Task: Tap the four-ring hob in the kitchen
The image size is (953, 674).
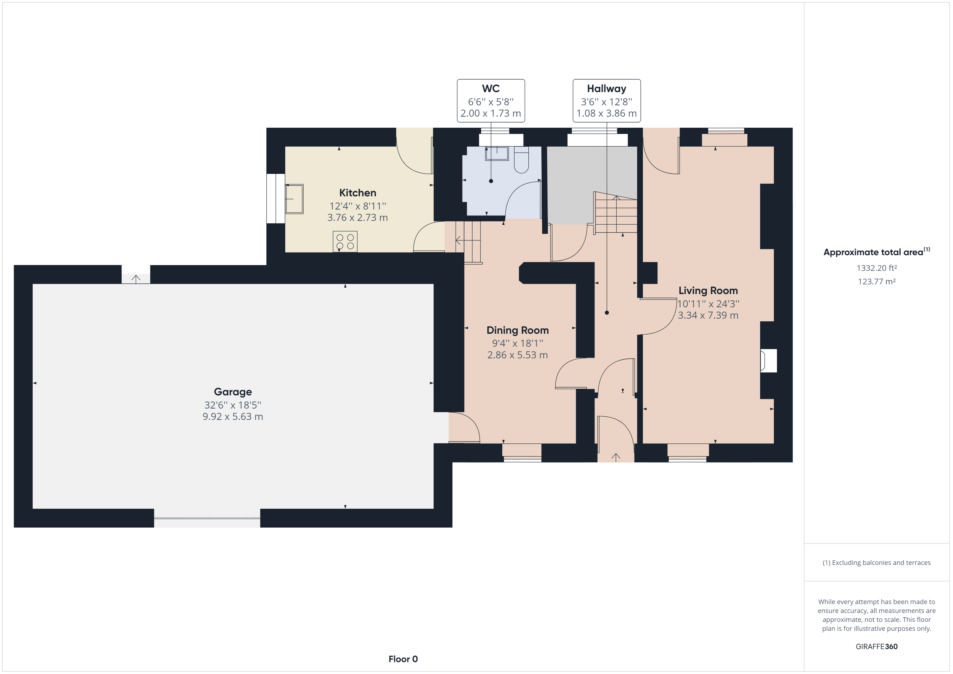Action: pyautogui.click(x=345, y=242)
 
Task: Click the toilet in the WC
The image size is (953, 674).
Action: pyautogui.click(x=521, y=160)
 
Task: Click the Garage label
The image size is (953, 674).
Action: pyautogui.click(x=233, y=392)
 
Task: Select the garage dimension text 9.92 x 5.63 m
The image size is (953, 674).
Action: pyautogui.click(x=233, y=416)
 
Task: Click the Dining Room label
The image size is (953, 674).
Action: pyautogui.click(x=518, y=330)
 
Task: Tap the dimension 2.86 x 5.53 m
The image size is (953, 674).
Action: pyautogui.click(x=518, y=355)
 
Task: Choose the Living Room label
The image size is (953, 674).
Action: pyautogui.click(x=708, y=291)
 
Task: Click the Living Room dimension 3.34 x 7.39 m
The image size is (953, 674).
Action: pyautogui.click(x=708, y=315)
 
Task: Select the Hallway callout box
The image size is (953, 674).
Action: pyautogui.click(x=607, y=101)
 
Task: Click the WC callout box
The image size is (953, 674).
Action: pyautogui.click(x=491, y=101)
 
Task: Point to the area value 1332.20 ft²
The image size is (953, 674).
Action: pyautogui.click(x=877, y=268)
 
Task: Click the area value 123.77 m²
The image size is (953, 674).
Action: pyautogui.click(x=877, y=281)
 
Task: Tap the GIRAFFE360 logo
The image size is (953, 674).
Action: pyautogui.click(x=877, y=646)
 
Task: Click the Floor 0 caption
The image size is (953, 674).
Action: pyautogui.click(x=403, y=659)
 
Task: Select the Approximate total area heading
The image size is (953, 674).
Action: pyautogui.click(x=877, y=251)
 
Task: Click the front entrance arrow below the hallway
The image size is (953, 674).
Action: pyautogui.click(x=616, y=457)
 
